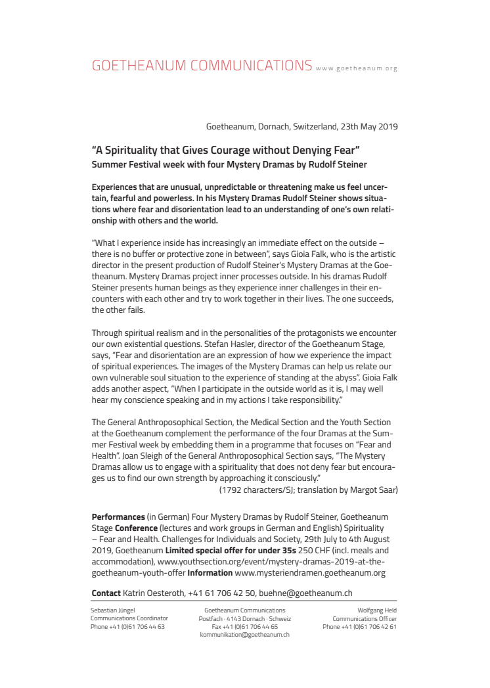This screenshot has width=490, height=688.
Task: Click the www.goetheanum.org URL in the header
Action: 357,68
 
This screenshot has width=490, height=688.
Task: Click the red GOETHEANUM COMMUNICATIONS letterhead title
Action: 202,65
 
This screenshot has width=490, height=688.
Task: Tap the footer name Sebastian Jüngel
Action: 112,610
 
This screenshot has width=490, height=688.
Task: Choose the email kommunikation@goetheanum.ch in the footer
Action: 244,634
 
